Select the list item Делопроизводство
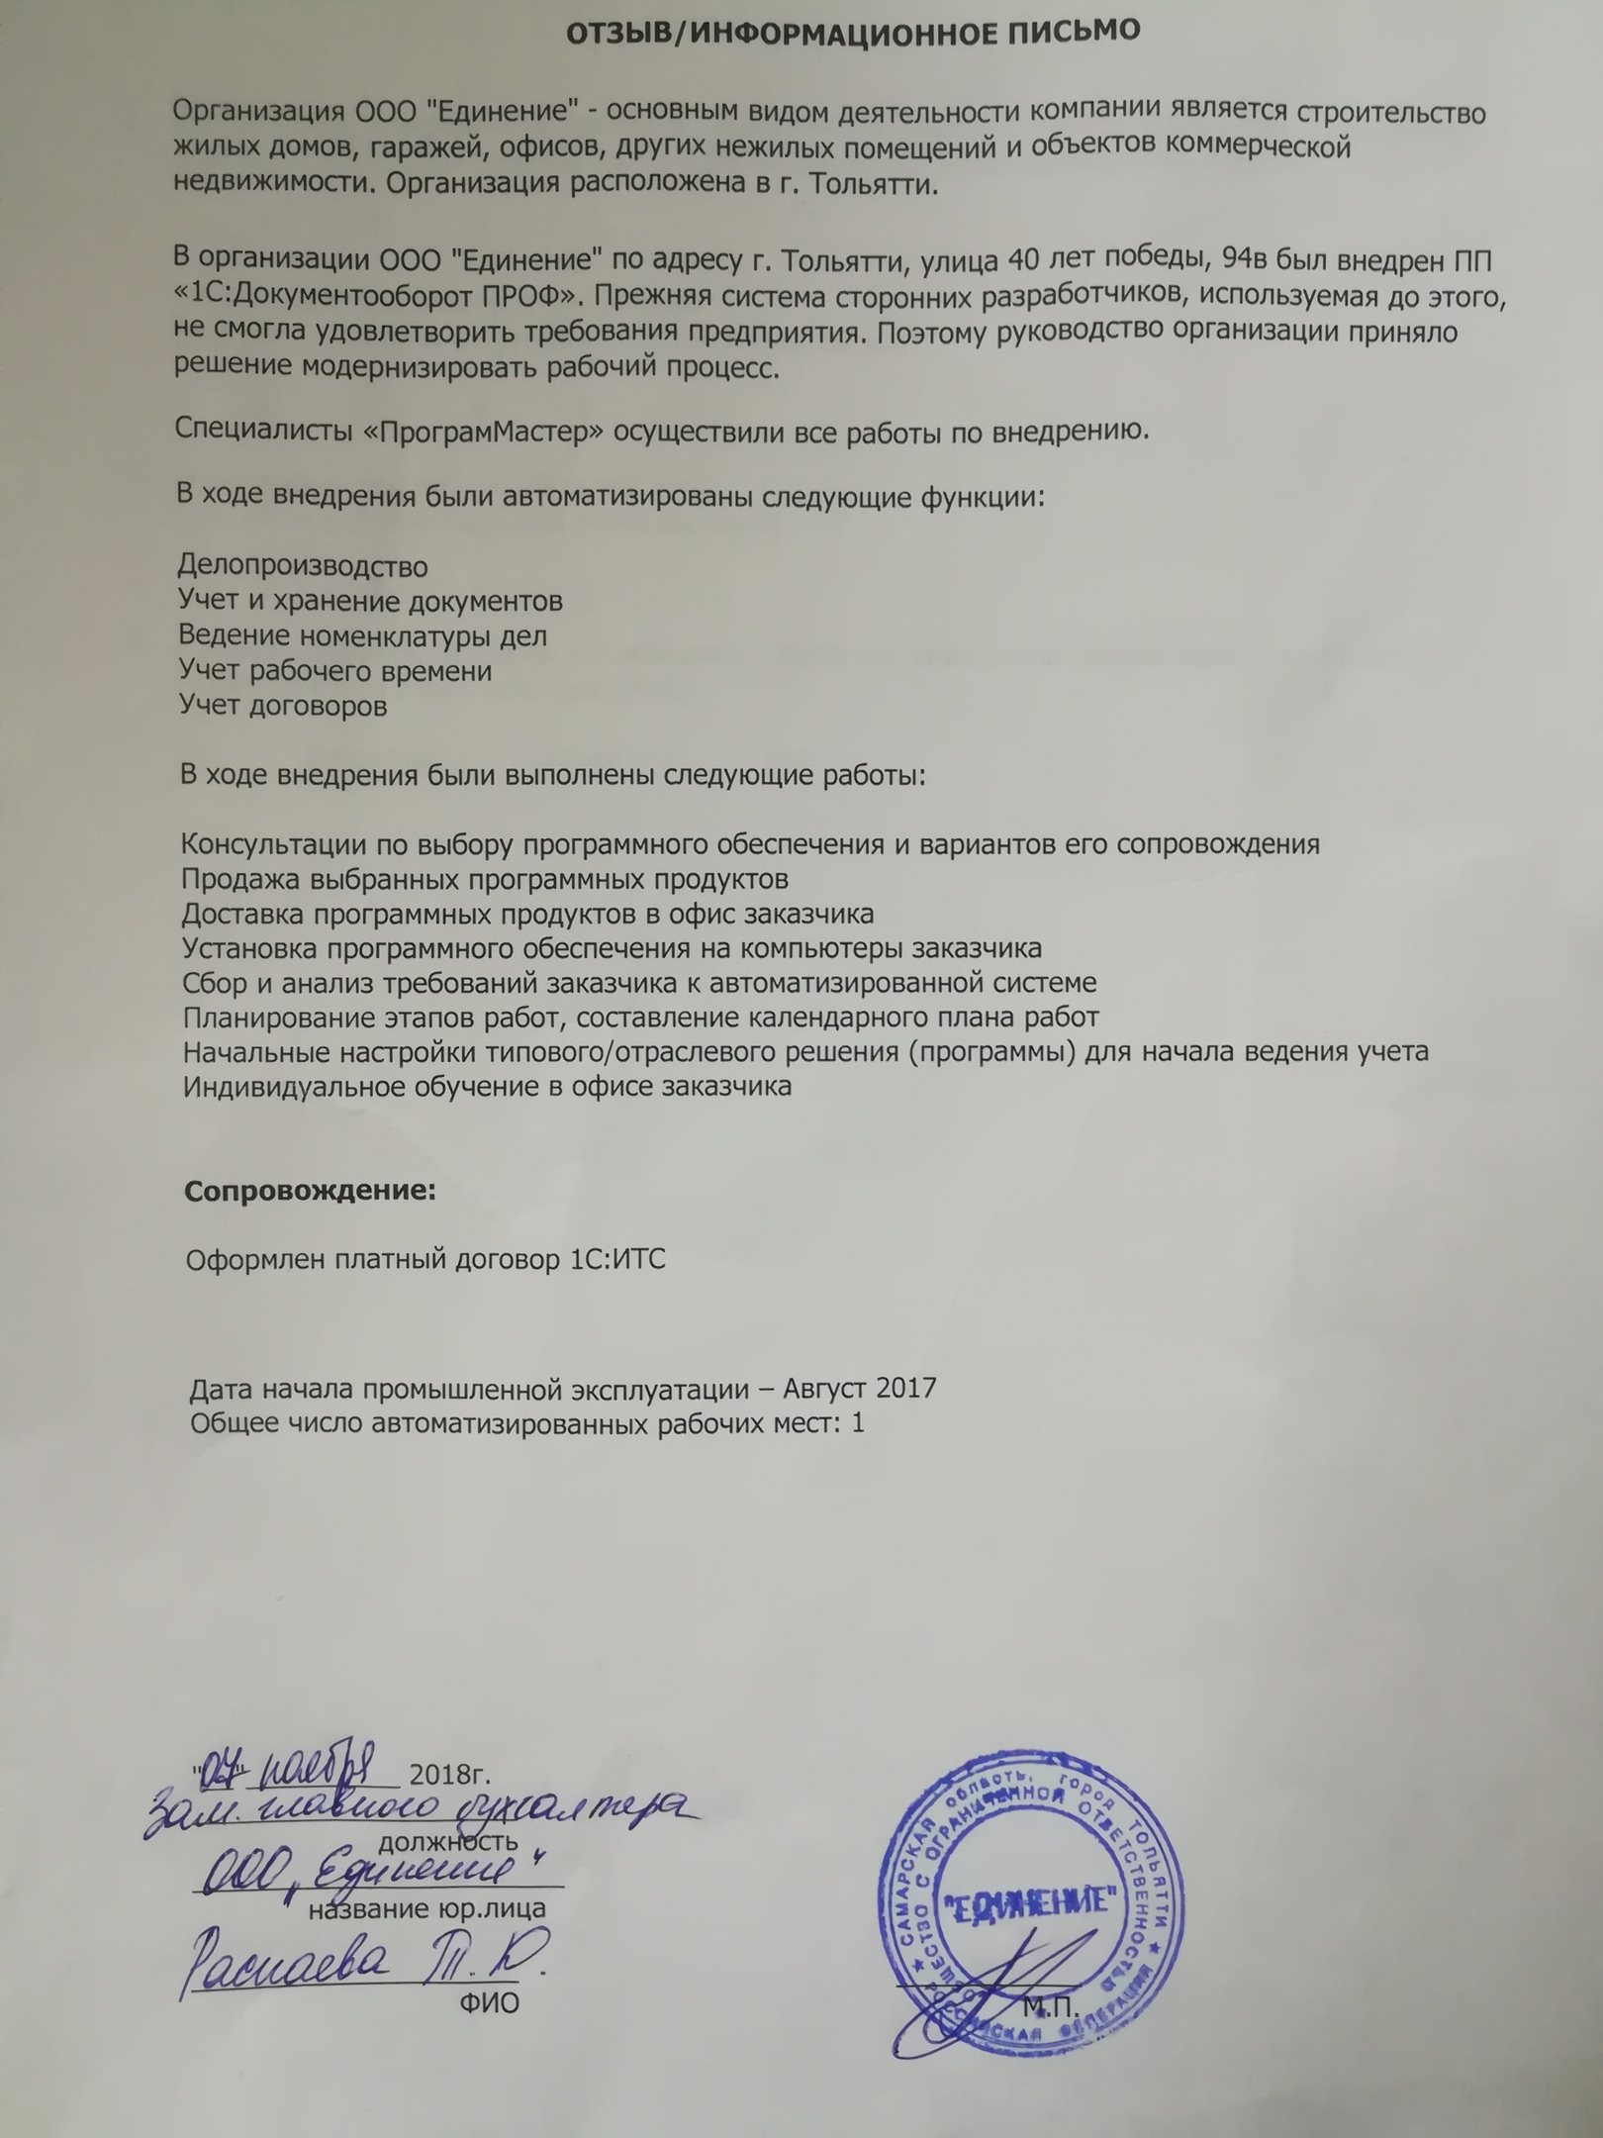tap(303, 567)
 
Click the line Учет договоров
tap(283, 706)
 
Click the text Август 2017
tap(859, 1388)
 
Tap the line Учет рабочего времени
tap(335, 671)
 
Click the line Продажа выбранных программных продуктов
tap(486, 879)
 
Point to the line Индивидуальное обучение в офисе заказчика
tap(488, 1086)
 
